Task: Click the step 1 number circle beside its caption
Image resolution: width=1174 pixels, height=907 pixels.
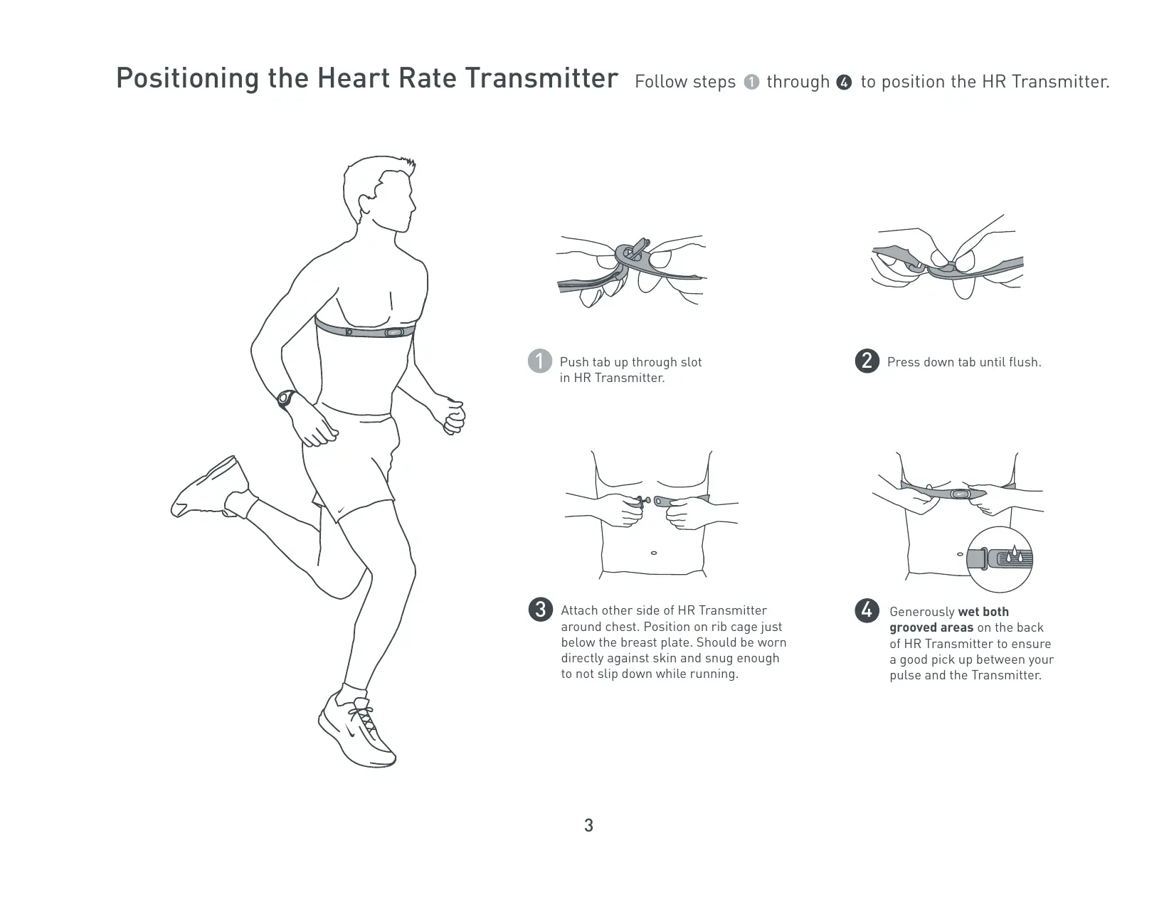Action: click(540, 361)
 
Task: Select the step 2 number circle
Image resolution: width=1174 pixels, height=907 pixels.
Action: click(867, 361)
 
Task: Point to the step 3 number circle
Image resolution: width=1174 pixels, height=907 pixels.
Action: click(541, 610)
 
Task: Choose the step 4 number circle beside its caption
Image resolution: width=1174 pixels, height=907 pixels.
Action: click(867, 610)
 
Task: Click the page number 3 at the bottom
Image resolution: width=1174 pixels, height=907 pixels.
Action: click(588, 826)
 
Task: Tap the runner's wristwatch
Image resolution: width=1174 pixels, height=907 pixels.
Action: click(286, 399)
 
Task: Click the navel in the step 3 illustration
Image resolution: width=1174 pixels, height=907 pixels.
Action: click(654, 553)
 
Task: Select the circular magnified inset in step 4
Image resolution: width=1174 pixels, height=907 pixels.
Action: click(1000, 559)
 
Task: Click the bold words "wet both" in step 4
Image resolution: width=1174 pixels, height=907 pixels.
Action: click(983, 612)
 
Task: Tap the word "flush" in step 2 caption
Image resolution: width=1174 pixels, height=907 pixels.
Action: click(1023, 362)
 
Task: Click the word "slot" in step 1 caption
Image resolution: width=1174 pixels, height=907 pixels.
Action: click(690, 362)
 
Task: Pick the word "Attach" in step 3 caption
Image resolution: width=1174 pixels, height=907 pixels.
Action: click(580, 610)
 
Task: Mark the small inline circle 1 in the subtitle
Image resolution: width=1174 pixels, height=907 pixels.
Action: click(751, 83)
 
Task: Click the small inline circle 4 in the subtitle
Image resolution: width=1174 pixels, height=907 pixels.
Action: click(845, 83)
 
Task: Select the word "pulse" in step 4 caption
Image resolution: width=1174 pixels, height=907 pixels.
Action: click(905, 675)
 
